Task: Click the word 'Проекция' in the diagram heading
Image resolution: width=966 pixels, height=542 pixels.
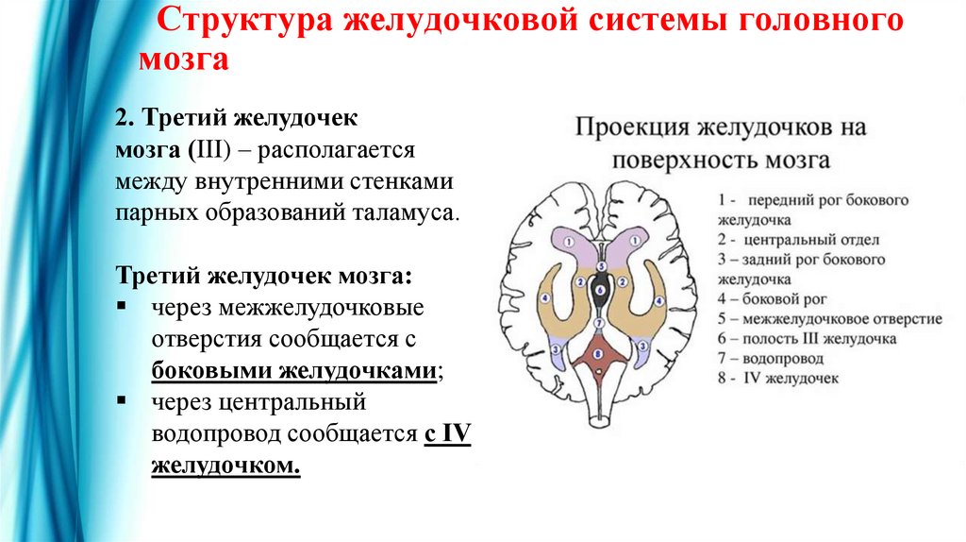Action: point(633,126)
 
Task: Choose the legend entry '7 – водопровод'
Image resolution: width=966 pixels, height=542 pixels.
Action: point(770,358)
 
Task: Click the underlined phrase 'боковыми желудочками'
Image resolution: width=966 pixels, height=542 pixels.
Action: point(293,369)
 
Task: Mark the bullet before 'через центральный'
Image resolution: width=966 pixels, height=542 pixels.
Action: point(122,401)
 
